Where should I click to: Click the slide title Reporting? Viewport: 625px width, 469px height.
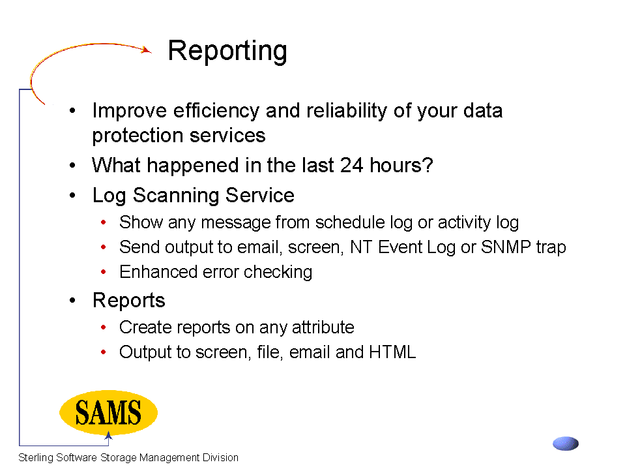point(227,51)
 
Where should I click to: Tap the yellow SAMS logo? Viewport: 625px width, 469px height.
point(108,412)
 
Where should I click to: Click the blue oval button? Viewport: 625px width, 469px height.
point(566,444)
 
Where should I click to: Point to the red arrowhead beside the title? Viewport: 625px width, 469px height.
point(147,50)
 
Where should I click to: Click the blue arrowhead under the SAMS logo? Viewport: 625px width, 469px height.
point(108,436)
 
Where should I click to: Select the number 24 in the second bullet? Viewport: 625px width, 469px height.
point(351,165)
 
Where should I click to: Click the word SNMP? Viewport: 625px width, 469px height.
point(506,247)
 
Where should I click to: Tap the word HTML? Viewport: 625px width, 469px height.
point(392,352)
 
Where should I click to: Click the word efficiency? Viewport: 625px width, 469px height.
point(216,111)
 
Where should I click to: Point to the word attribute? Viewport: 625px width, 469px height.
point(323,327)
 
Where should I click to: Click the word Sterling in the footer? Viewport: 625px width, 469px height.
point(36,458)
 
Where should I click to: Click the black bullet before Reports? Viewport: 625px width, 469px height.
point(72,300)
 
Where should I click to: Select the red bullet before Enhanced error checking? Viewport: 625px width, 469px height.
point(103,272)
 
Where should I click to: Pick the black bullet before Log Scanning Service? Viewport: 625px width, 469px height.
point(72,196)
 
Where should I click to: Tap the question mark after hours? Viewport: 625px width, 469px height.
point(428,165)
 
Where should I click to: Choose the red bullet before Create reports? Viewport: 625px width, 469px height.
point(103,327)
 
